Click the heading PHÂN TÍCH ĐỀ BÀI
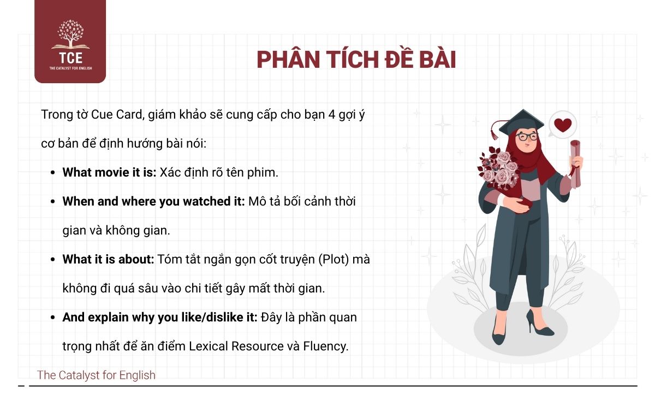356,60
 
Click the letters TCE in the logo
70,58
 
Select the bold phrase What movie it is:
110,172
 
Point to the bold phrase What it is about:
109,259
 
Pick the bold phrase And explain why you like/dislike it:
160,317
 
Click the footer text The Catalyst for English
96,375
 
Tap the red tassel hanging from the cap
495,131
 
